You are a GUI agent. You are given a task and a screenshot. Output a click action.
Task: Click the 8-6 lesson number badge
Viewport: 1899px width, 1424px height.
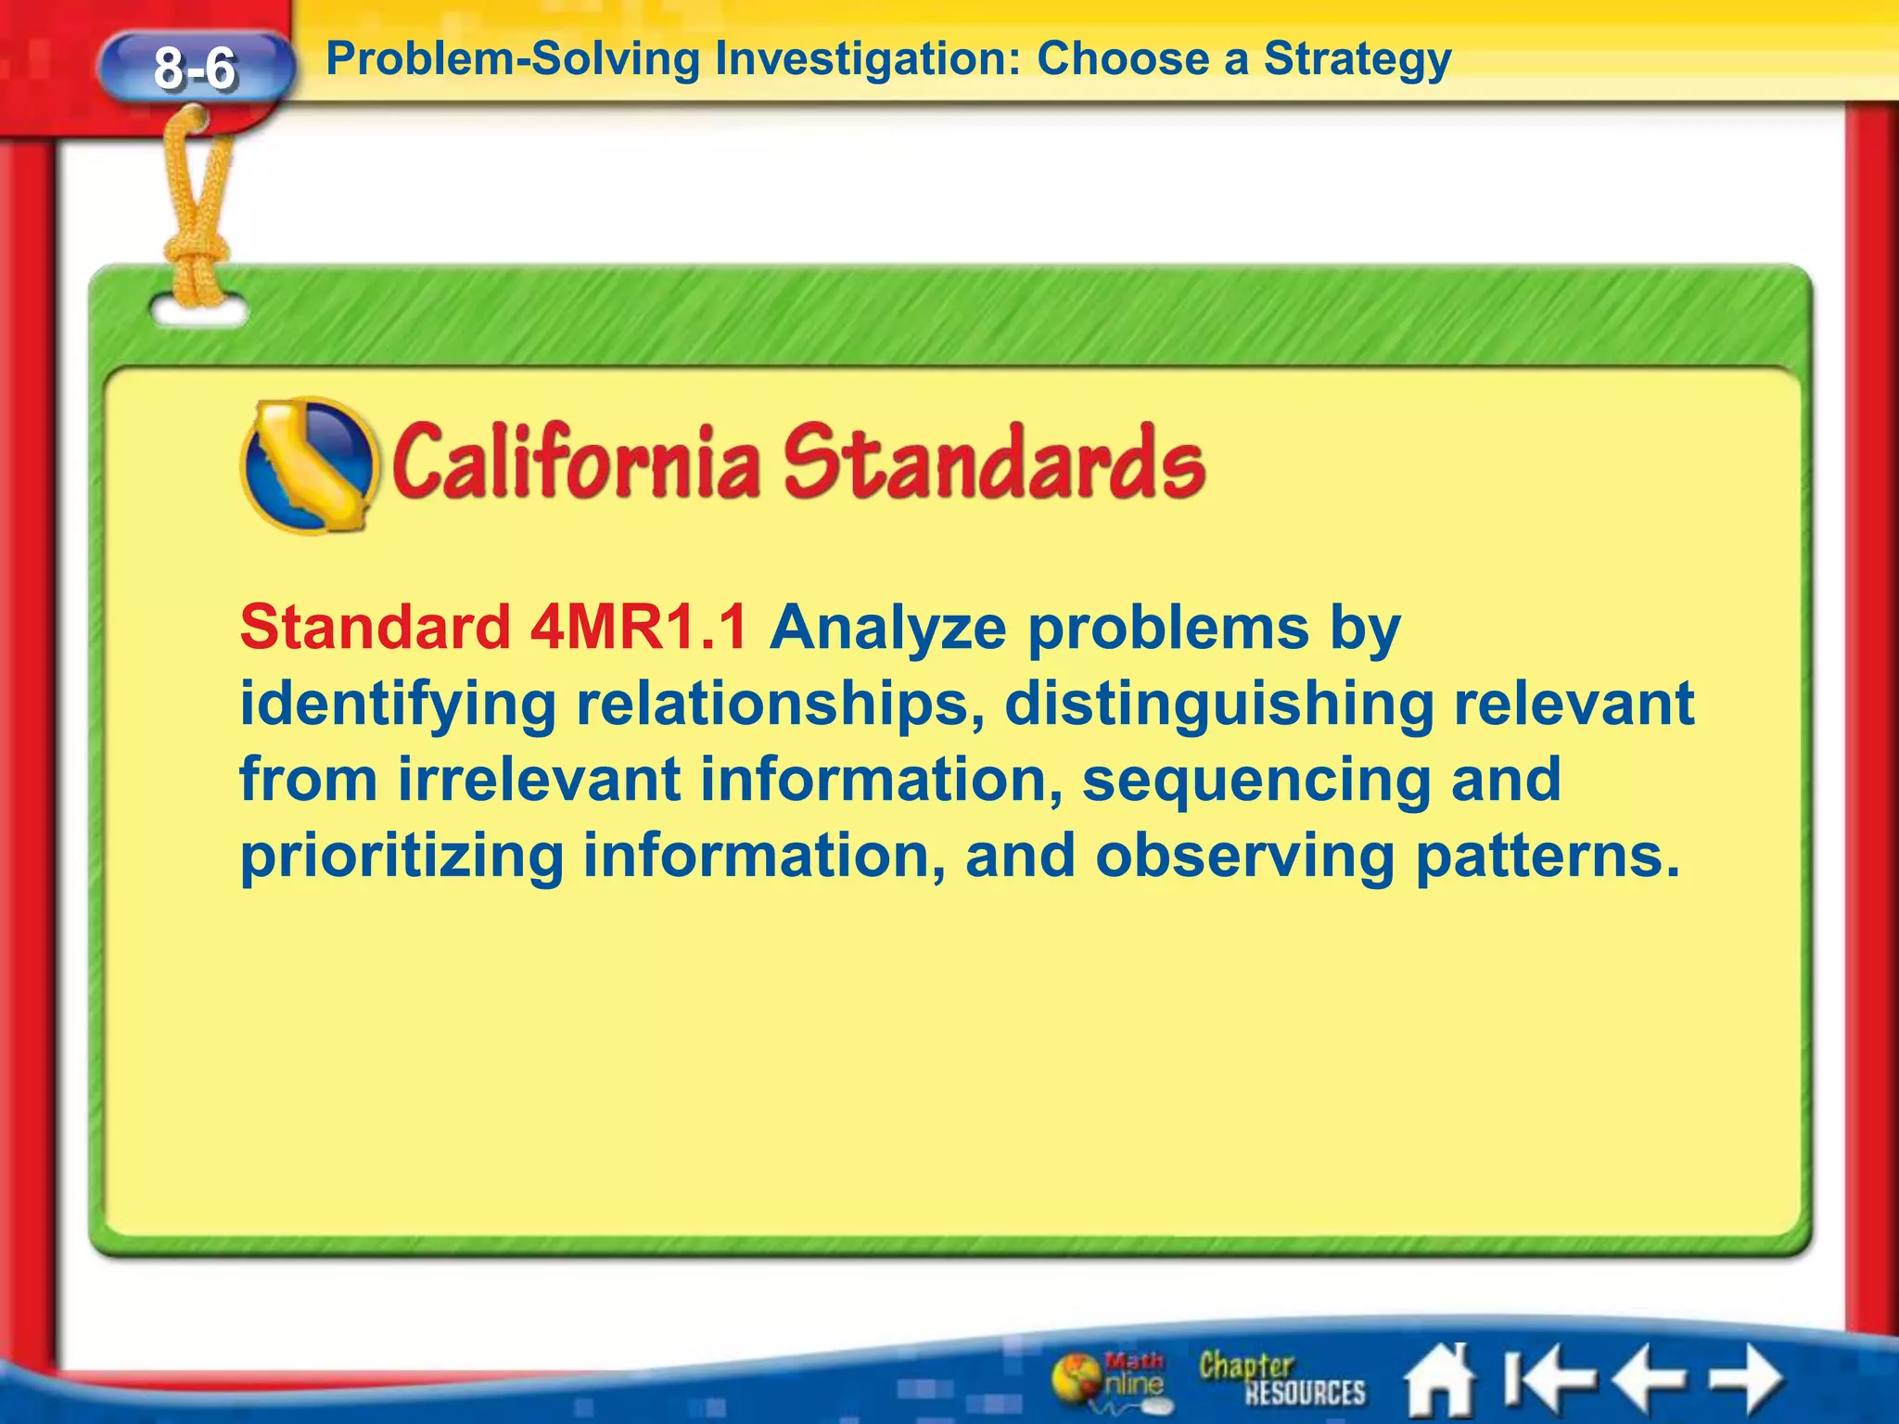(x=195, y=68)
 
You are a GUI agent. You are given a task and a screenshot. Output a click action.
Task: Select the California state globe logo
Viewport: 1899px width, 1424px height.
(x=309, y=465)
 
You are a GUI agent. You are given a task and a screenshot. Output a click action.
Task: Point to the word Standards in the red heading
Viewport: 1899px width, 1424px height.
(x=994, y=461)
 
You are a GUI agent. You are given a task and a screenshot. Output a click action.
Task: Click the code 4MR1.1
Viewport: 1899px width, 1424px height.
(x=639, y=628)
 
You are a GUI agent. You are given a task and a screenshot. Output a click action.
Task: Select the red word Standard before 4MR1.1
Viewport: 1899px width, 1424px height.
(x=375, y=628)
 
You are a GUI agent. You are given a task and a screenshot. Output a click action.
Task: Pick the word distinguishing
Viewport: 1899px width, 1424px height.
(x=1220, y=705)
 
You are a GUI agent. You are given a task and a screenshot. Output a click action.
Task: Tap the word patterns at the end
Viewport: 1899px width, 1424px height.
(x=1547, y=857)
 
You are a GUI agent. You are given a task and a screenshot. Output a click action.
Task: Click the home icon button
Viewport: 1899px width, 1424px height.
(x=1439, y=1379)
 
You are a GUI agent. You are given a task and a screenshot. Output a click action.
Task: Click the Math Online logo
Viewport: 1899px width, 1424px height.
(x=1109, y=1379)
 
